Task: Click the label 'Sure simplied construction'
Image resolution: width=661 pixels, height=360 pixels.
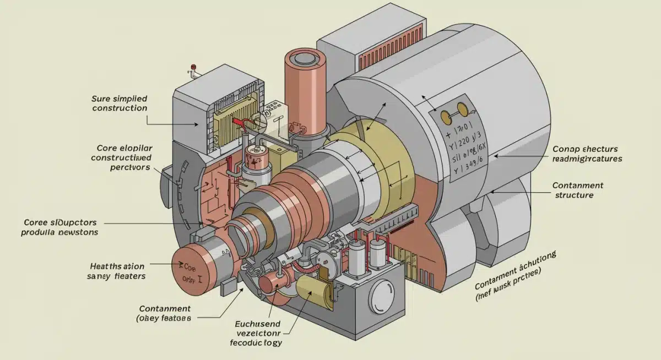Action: coord(120,103)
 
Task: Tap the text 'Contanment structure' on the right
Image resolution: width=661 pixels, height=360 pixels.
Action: coord(577,190)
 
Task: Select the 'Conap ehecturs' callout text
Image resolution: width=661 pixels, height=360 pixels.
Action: coord(587,154)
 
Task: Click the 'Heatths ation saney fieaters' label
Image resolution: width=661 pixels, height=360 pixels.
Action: coord(117,270)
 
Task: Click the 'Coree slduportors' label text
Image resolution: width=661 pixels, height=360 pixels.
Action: coord(61,227)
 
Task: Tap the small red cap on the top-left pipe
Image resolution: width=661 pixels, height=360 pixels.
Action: coord(193,68)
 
